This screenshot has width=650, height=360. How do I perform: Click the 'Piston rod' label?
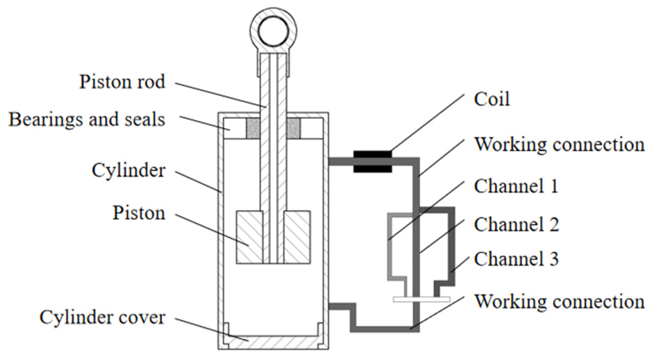click(122, 82)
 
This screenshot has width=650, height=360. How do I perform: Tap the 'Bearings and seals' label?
click(86, 119)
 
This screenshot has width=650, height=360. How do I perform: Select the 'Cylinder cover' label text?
click(102, 318)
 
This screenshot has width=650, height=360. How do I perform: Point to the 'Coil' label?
click(492, 99)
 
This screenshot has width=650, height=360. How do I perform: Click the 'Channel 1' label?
click(516, 186)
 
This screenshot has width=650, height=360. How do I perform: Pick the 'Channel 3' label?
click(516, 259)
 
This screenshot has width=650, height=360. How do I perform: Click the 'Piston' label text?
click(139, 213)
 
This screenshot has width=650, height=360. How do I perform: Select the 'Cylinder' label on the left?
click(128, 171)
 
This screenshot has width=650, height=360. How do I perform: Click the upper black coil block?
click(373, 154)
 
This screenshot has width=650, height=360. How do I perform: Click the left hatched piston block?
click(249, 237)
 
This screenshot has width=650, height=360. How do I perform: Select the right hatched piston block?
click(297, 237)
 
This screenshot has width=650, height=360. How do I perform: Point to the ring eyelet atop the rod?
click(274, 32)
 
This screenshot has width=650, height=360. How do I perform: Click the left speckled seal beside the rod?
click(253, 128)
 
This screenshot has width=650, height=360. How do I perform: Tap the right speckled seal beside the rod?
click(294, 128)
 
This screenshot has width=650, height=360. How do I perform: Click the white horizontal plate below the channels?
click(421, 299)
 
